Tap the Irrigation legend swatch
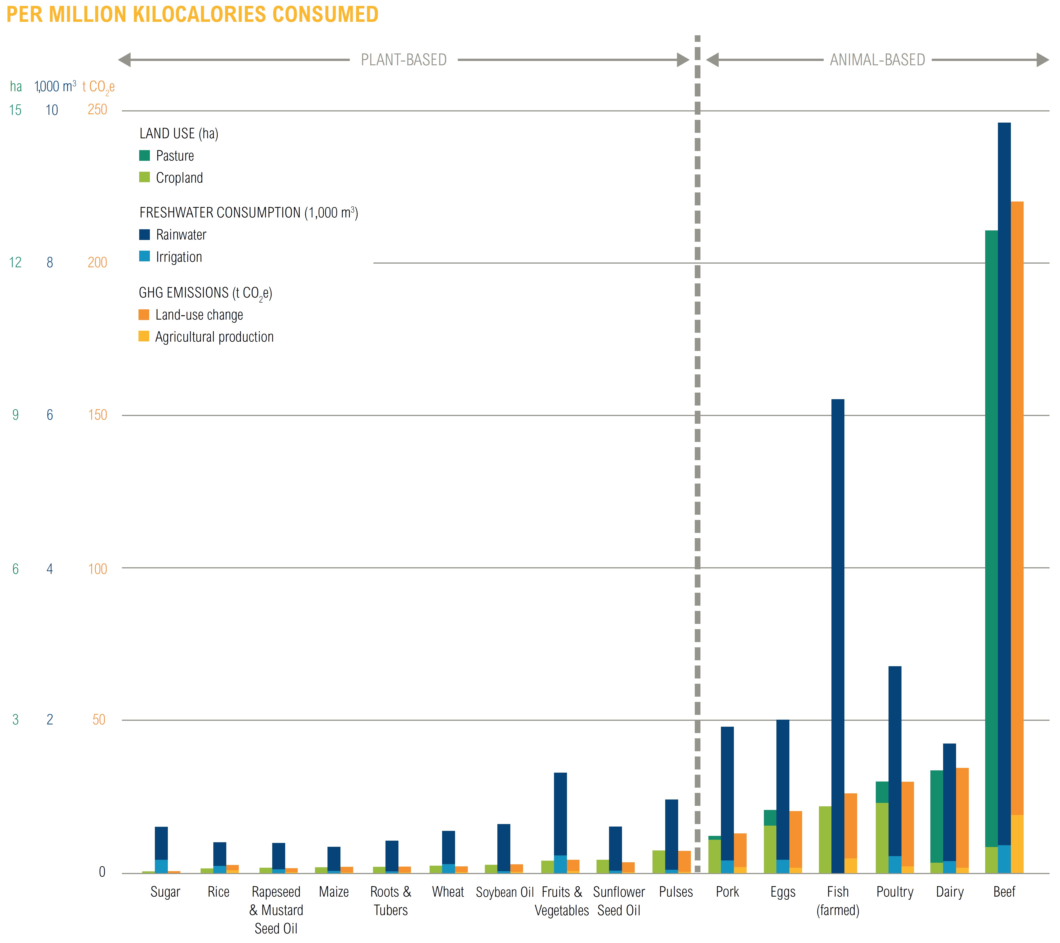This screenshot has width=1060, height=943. [145, 256]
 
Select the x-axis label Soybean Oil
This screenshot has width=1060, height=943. [505, 892]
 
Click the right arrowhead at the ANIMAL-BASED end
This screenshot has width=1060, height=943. [1042, 60]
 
